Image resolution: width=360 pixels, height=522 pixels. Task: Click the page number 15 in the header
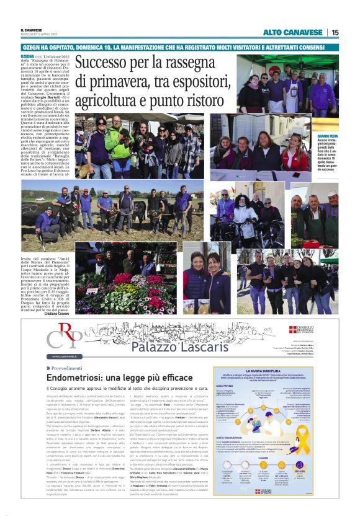point(335,32)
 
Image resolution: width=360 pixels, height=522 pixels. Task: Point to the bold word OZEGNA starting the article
point(29,56)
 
